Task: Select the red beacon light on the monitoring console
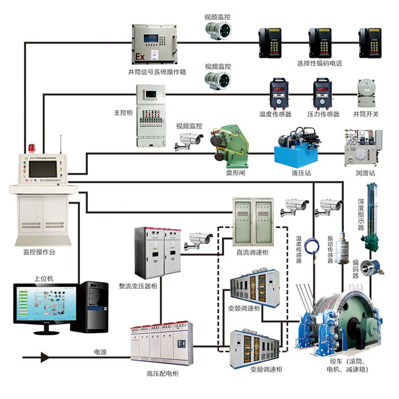[x=31, y=148]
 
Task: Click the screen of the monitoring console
[x=43, y=169]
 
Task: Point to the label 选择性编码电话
[x=319, y=63]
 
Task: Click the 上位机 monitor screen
[x=43, y=305]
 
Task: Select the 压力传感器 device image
[x=322, y=94]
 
